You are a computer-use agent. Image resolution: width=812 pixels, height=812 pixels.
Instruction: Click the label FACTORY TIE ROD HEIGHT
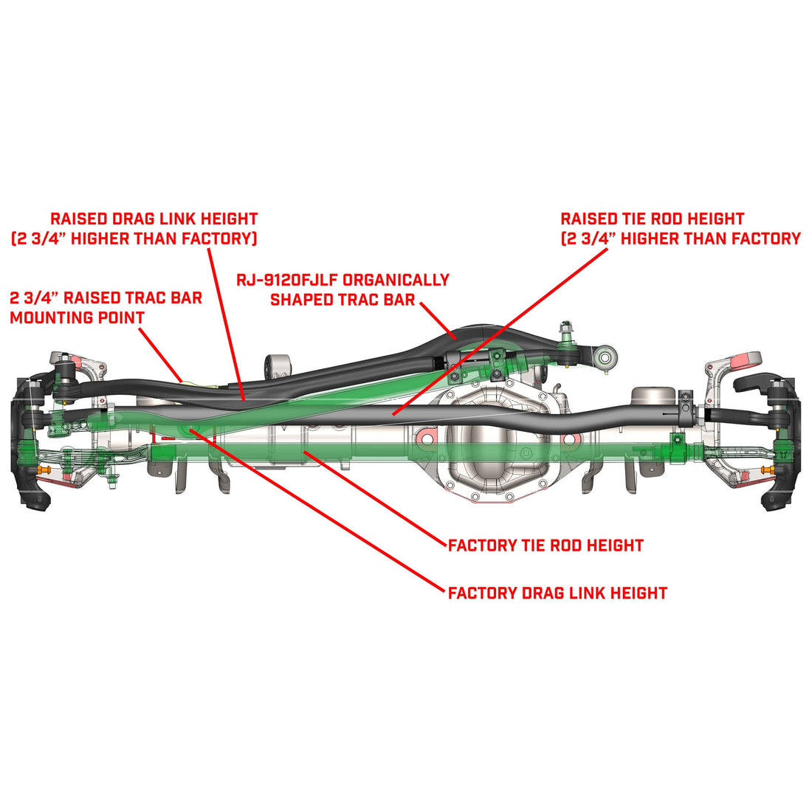tap(546, 546)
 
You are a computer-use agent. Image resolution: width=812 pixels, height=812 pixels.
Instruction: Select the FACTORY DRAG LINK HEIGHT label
tap(557, 593)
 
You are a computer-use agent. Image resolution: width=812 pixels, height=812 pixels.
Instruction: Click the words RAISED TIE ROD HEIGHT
tap(652, 219)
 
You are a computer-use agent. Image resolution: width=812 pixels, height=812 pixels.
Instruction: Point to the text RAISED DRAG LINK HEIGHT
tap(154, 219)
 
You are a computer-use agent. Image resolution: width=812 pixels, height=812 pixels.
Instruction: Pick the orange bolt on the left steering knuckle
tap(41, 470)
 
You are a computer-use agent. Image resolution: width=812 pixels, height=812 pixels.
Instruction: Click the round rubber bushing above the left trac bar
tap(278, 365)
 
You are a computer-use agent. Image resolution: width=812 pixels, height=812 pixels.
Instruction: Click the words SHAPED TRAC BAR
tap(343, 300)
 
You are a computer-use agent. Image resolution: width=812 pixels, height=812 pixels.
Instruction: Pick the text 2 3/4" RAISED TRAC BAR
tap(106, 298)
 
